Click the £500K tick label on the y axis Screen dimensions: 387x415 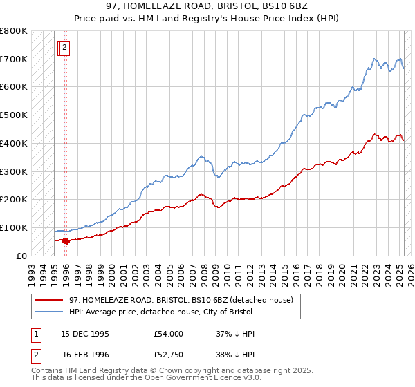(x=14, y=115)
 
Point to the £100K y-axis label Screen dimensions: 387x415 (x=14, y=227)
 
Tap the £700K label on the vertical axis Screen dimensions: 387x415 (x=14, y=59)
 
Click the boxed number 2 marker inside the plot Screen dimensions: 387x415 (x=64, y=48)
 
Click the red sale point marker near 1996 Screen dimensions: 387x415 (x=66, y=240)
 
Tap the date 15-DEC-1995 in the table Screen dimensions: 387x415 (x=85, y=334)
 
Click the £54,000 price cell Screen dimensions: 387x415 (x=168, y=334)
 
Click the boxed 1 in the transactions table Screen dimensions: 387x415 (x=35, y=334)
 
